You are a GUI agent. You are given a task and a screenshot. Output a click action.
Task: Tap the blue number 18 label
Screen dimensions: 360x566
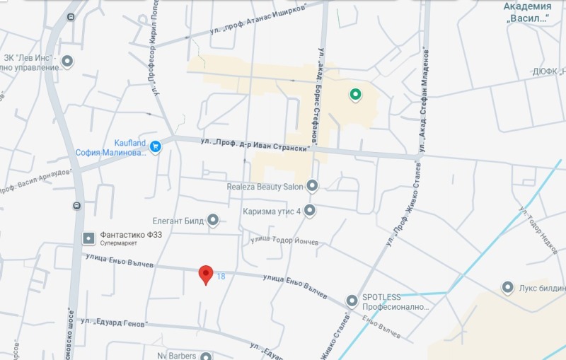pyautogui.click(x=221, y=276)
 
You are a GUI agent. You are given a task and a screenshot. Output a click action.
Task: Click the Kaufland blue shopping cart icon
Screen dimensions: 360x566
pyautogui.click(x=156, y=147)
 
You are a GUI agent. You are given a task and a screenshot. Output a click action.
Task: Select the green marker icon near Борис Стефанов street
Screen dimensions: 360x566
pyautogui.click(x=355, y=94)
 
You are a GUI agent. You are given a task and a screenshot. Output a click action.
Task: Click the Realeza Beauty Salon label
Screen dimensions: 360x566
pyautogui.click(x=264, y=187)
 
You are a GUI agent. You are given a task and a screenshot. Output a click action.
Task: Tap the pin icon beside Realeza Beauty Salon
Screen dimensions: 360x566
pyautogui.click(x=312, y=186)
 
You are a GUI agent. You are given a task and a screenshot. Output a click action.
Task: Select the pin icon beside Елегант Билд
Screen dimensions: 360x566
pyautogui.click(x=213, y=221)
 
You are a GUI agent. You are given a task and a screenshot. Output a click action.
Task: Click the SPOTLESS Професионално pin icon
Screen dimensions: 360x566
pyautogui.click(x=352, y=301)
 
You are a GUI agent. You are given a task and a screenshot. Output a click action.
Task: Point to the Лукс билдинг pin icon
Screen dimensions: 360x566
pyautogui.click(x=507, y=288)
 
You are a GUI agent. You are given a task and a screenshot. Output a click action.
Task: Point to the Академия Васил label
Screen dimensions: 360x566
pyautogui.click(x=528, y=12)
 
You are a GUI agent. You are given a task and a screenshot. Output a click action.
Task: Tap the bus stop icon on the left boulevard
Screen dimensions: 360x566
pyautogui.click(x=76, y=206)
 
